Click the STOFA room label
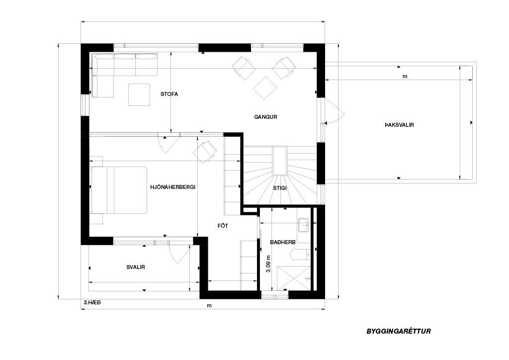coord(169,94)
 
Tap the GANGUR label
coord(265,117)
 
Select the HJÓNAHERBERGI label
coord(172,187)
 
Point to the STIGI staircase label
coord(279,187)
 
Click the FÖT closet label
coord(223,226)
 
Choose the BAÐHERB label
coord(282,242)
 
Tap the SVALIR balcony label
coord(135,267)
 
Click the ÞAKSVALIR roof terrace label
coord(399,125)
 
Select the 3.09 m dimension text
coord(268,263)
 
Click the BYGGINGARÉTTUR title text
coord(399,332)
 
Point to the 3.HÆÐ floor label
coord(92,302)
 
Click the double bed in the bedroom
coord(119,190)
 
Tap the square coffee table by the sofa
coord(139,95)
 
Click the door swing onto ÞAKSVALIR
coord(334,111)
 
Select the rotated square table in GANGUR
coord(265,88)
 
